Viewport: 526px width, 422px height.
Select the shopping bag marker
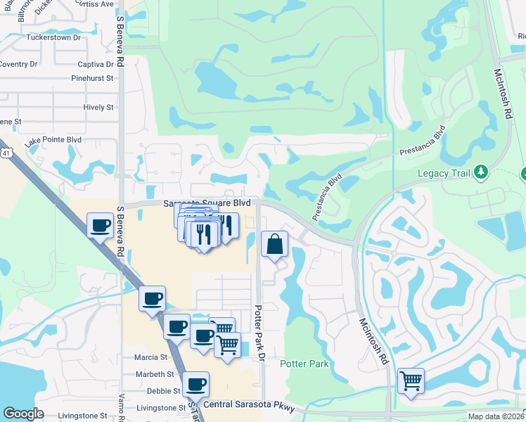tap(275, 245)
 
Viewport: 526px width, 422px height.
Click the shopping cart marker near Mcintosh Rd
tap(411, 381)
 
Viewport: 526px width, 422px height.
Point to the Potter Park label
tap(304, 364)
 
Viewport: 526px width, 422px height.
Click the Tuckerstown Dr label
tap(53, 37)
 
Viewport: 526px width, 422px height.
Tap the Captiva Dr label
tap(91, 63)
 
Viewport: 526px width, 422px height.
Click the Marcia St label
tap(150, 357)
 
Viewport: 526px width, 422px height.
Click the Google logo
tap(23, 414)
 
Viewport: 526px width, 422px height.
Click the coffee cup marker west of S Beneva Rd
tap(99, 226)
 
